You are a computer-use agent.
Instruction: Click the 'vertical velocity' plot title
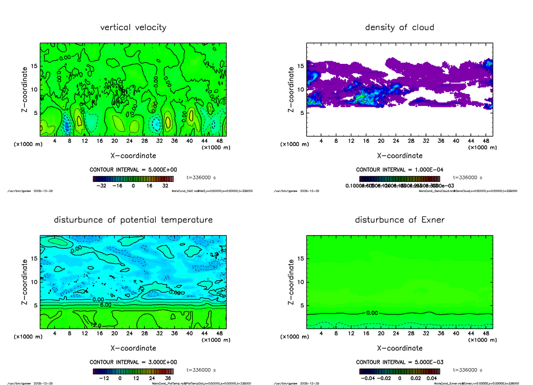tap(133, 27)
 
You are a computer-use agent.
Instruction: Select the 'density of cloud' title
tap(399, 27)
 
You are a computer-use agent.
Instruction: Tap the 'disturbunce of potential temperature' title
tap(133, 220)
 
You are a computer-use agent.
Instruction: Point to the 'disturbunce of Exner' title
tap(399, 220)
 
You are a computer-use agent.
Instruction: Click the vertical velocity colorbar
tap(133, 180)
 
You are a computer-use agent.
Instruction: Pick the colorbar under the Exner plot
tap(399, 372)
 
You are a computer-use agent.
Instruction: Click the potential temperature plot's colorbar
tap(133, 372)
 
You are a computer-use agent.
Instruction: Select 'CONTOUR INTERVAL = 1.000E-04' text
tap(399, 170)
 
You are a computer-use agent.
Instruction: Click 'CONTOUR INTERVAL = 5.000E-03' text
tap(399, 362)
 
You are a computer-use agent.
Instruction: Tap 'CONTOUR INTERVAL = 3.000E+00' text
tap(133, 362)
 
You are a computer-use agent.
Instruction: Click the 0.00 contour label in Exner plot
tap(372, 313)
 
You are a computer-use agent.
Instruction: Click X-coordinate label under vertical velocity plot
tap(133, 156)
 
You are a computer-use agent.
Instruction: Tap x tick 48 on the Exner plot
tap(485, 333)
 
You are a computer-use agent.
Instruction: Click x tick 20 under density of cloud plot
tap(381, 141)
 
